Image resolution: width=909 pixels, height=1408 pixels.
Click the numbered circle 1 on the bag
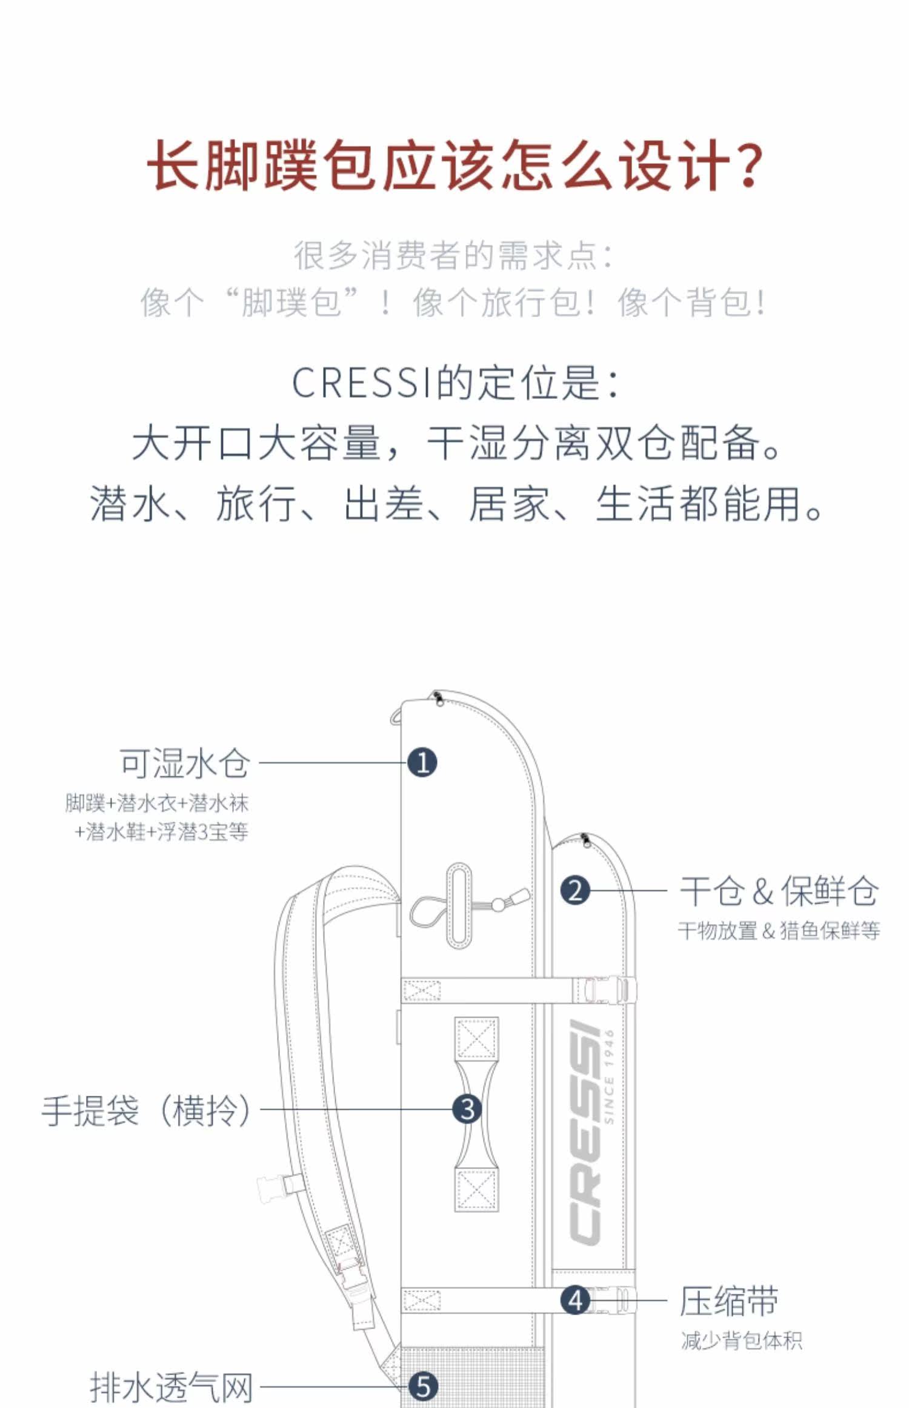422,762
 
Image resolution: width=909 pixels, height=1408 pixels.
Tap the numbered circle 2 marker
575,891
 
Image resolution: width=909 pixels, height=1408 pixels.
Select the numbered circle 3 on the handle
467,1110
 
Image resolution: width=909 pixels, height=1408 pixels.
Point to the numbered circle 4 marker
575,1299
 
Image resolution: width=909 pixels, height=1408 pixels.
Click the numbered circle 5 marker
422,1386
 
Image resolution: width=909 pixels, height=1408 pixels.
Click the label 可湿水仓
185,763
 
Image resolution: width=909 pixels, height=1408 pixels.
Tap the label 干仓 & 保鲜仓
779,891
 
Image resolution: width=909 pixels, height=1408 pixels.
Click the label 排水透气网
171,1387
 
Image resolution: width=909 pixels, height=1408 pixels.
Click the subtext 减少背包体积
741,1341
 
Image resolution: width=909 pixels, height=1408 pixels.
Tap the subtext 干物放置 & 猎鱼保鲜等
779,931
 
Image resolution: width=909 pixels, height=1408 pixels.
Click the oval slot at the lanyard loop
459,905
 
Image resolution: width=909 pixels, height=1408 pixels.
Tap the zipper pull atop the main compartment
438,700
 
